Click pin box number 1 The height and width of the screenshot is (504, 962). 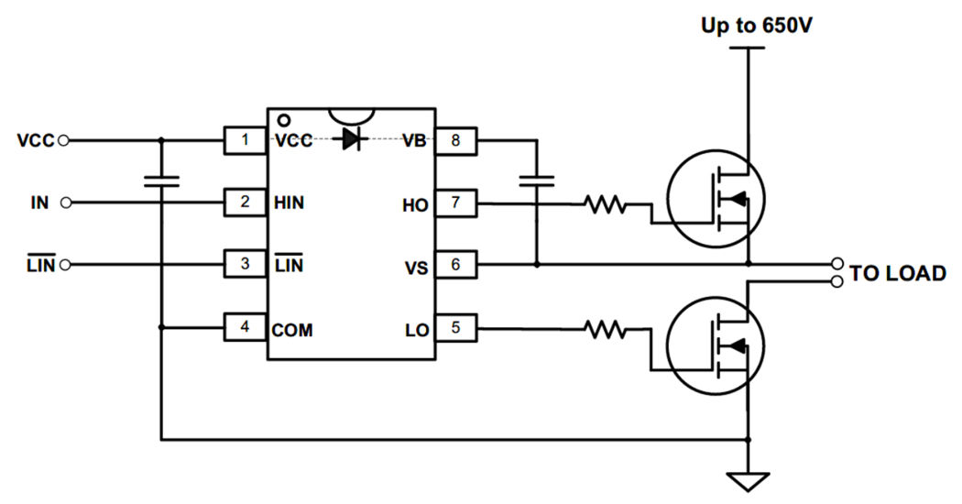click(x=244, y=141)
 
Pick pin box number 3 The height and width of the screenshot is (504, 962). click(x=244, y=265)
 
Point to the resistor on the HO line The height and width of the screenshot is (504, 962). click(x=606, y=204)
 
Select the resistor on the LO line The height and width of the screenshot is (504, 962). click(x=606, y=327)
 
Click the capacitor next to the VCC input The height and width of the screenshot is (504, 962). click(x=161, y=179)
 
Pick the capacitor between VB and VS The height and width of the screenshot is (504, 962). click(x=536, y=179)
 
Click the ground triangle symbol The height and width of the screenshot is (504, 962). click(x=749, y=479)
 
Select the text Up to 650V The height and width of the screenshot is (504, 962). click(x=756, y=26)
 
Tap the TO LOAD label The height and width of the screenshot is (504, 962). click(x=897, y=274)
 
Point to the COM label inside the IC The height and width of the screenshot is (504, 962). click(x=292, y=329)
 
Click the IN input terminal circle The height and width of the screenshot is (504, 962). click(x=66, y=203)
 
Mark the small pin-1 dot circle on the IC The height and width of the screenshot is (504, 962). click(x=283, y=120)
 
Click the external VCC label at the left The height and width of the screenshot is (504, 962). click(x=36, y=141)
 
